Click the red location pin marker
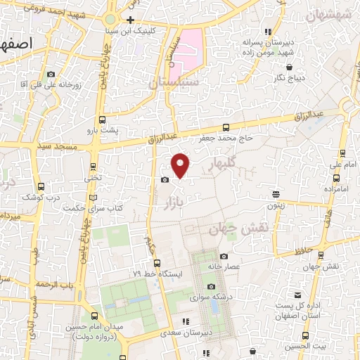point(181,165)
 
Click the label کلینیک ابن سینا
point(159,32)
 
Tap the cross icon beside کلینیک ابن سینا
point(131,20)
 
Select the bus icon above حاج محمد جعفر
point(226,127)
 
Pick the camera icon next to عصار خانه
point(224,257)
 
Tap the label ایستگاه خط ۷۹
point(158,272)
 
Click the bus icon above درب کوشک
point(40,187)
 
